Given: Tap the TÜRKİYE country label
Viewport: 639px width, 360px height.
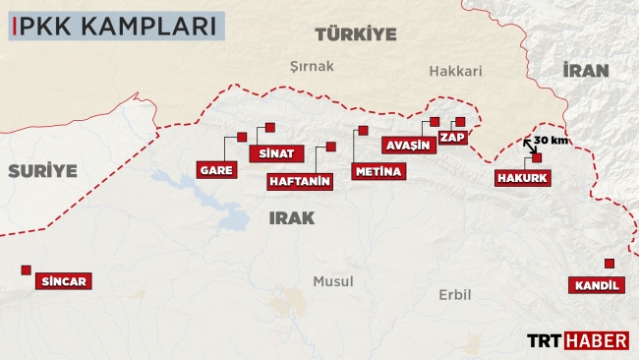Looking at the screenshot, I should pos(355,34).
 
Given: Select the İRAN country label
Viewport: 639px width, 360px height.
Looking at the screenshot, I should pos(586,70).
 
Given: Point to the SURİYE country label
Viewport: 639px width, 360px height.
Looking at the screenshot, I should pos(42,170).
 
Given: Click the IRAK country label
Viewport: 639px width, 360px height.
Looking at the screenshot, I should pos(291,218).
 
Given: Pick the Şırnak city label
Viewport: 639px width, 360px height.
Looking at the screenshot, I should pos(313,67).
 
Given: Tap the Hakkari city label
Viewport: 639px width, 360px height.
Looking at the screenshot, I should pos(455,71).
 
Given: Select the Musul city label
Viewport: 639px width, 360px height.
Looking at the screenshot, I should pos(332,281).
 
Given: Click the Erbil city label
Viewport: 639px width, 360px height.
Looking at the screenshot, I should pos(454,294).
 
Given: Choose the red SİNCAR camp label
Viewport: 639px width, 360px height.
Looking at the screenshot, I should pos(65,282).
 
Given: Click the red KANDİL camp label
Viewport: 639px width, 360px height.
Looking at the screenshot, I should pos(595,286).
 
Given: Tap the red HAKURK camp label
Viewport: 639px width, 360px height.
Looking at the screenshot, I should pos(523,179).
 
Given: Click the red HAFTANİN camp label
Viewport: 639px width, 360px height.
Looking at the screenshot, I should pos(300,182).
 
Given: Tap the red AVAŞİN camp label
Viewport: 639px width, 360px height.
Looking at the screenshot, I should pos(408,146).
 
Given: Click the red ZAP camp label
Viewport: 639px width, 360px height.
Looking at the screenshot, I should pos(452,138).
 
